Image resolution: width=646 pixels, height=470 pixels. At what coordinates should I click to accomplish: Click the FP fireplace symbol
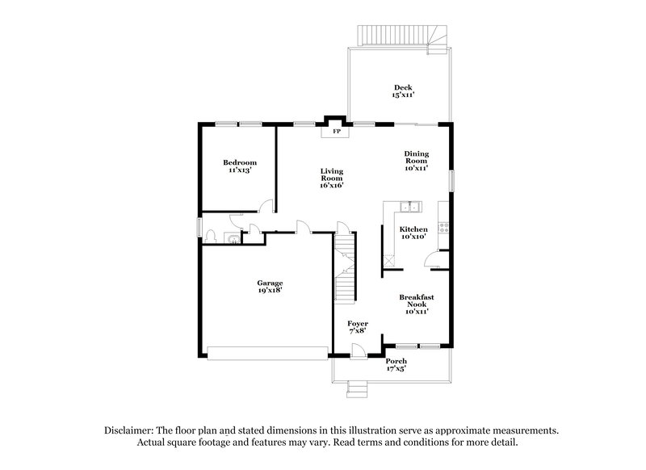(336, 130)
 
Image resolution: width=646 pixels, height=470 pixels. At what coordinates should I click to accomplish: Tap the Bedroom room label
(240, 162)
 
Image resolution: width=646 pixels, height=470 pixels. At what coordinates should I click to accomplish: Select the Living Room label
(332, 172)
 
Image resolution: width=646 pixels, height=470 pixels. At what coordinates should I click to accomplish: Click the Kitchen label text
(414, 229)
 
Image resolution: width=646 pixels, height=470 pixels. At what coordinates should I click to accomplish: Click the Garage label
(270, 283)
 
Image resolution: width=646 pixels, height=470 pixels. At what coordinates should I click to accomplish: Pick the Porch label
(396, 360)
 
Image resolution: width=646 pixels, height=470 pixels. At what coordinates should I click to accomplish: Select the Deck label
(403, 87)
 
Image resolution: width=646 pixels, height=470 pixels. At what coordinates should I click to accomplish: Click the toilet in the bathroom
(211, 236)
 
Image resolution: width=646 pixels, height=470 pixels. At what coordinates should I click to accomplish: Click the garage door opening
(267, 351)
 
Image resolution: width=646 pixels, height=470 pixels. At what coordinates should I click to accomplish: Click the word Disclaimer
(132, 430)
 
